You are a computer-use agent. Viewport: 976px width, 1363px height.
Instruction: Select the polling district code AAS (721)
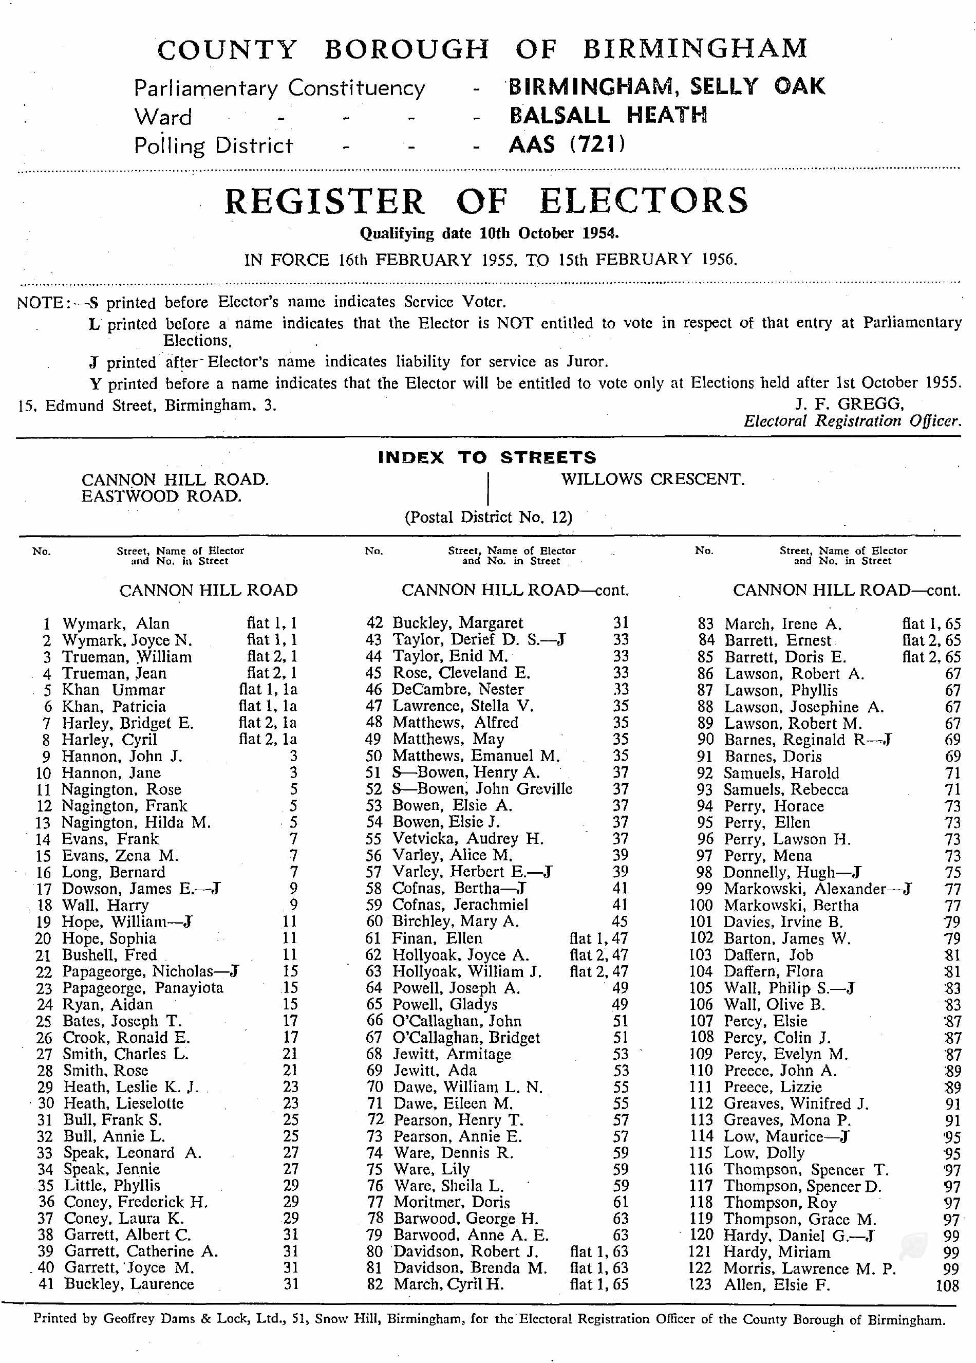point(567,145)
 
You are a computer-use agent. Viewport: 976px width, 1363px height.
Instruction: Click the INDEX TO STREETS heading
point(487,457)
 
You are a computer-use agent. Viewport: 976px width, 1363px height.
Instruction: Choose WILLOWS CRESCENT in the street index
point(653,480)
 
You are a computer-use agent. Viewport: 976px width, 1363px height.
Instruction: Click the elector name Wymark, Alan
point(115,623)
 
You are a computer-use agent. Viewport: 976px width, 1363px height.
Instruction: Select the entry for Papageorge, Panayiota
point(143,988)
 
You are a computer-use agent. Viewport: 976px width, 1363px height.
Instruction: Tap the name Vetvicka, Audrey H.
point(468,838)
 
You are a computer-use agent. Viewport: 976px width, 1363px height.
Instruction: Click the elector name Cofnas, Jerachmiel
point(460,905)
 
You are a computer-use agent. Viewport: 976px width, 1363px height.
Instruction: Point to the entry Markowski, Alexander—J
point(817,889)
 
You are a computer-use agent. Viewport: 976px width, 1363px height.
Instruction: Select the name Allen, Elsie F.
point(777,1285)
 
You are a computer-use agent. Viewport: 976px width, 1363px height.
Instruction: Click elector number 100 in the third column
point(701,906)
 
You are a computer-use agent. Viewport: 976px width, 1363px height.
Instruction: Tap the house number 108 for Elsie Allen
point(947,1286)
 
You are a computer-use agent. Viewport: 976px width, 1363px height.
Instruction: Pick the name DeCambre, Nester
point(458,689)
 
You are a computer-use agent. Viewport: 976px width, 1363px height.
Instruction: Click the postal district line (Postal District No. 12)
point(487,518)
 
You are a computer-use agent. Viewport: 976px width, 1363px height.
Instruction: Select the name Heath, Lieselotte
point(123,1103)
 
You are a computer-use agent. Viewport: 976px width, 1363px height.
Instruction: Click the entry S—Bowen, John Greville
point(482,788)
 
